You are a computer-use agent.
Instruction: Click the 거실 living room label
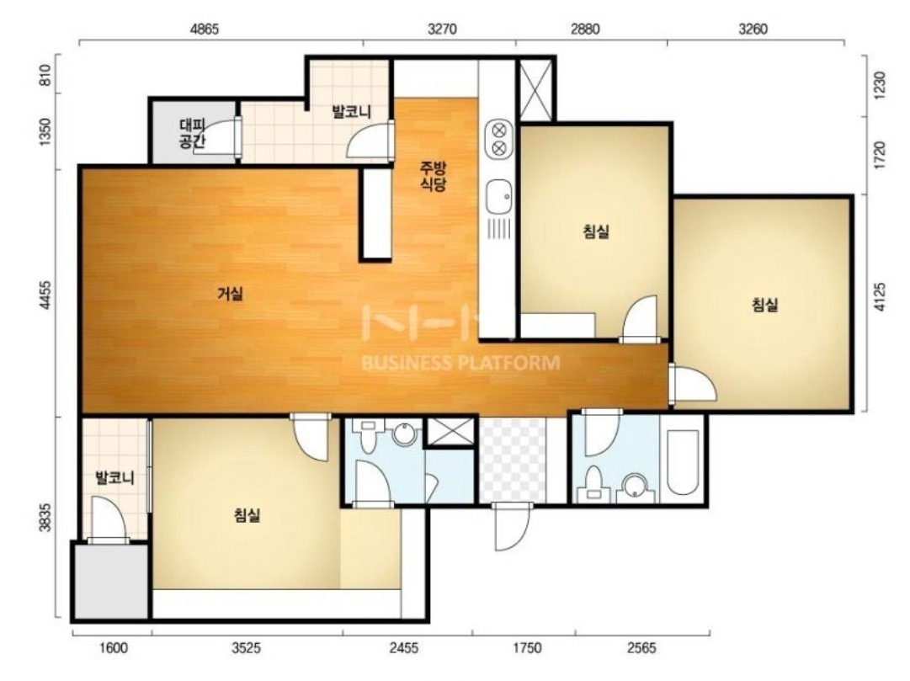[231, 295]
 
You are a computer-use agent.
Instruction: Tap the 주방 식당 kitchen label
[434, 177]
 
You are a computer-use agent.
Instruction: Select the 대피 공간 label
[193, 134]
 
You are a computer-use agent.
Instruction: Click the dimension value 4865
[205, 29]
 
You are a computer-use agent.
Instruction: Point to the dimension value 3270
[442, 29]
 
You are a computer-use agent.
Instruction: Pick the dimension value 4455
[45, 296]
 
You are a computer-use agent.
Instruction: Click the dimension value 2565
[641, 647]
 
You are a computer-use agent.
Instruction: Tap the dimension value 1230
[880, 85]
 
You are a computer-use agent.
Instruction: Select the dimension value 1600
[114, 647]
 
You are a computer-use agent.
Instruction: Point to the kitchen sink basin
[498, 197]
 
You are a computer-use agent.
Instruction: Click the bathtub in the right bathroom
[683, 462]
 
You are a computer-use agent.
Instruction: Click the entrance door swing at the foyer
[513, 527]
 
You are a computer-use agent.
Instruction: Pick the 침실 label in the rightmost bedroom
[765, 305]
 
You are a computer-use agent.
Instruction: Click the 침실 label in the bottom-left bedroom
[247, 514]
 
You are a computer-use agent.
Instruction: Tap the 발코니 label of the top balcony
[351, 111]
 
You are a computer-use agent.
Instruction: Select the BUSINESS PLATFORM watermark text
[460, 364]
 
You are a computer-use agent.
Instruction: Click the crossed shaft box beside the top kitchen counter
[535, 91]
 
